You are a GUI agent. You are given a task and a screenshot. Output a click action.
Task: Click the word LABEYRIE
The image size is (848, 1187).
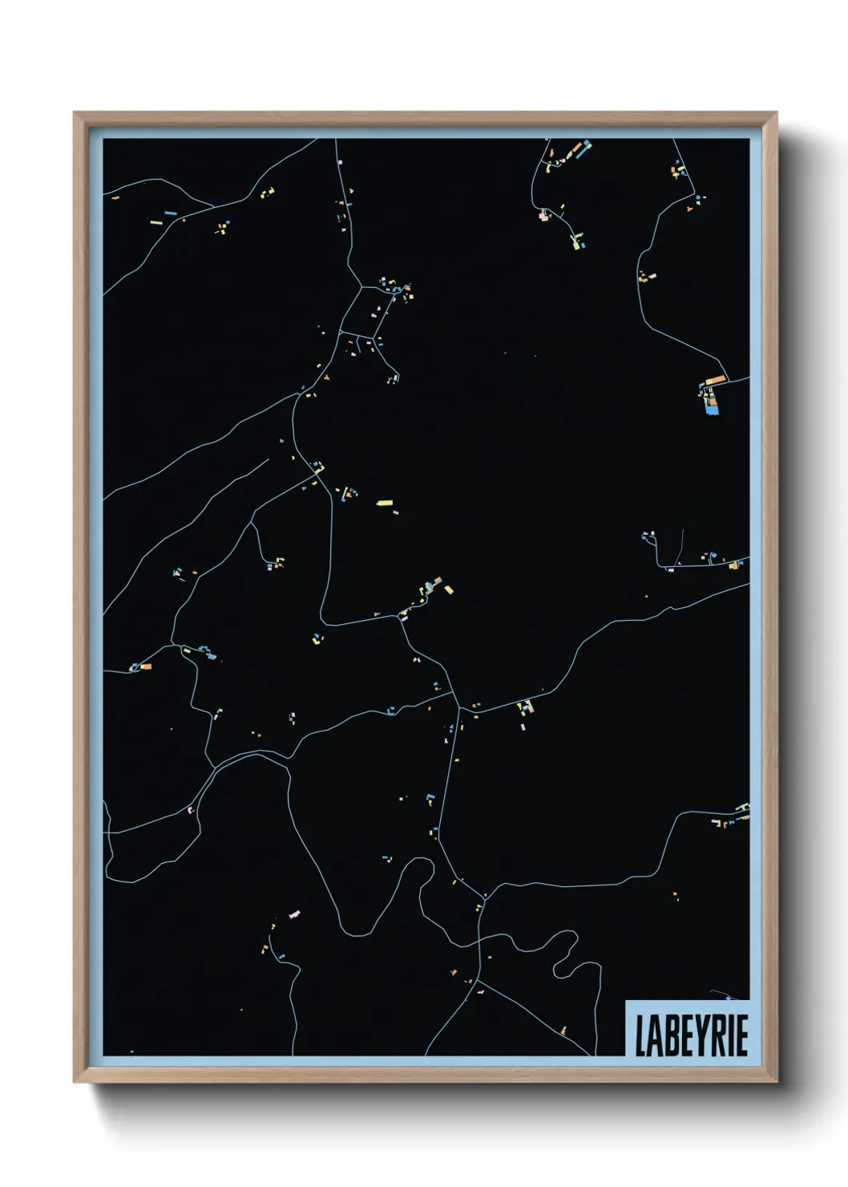(691, 1035)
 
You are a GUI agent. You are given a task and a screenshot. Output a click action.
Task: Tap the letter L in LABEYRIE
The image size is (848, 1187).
(640, 1035)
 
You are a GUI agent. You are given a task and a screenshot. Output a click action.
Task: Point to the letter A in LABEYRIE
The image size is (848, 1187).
(655, 1035)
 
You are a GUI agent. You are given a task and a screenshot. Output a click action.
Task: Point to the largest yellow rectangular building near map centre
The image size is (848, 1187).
(385, 503)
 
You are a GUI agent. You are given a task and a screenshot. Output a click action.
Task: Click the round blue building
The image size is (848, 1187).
(711, 555)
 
